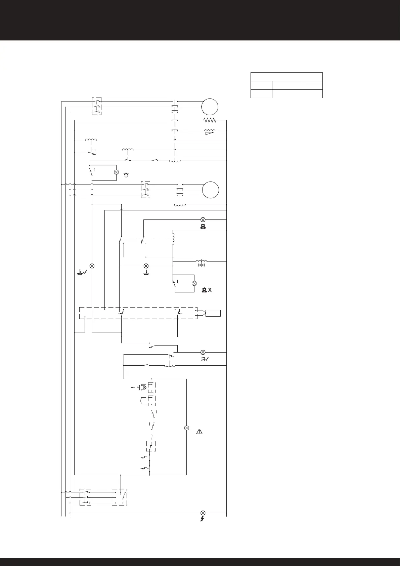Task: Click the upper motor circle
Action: [x=210, y=107]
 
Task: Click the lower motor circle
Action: [x=211, y=190]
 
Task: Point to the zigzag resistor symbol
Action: [x=210, y=120]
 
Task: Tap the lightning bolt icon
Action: [x=203, y=519]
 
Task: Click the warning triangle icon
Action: [x=200, y=432]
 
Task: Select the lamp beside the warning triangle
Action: [x=187, y=428]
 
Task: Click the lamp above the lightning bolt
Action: [x=203, y=513]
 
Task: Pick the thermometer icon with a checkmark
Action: [x=82, y=273]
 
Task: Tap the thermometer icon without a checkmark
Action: [x=146, y=272]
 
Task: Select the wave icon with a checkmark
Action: [x=205, y=359]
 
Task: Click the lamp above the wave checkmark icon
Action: [x=203, y=352]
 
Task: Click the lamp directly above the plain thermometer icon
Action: [x=146, y=266]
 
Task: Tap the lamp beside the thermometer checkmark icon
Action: [x=92, y=266]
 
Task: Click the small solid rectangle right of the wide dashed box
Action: [x=213, y=313]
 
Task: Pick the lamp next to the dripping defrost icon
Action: [x=117, y=172]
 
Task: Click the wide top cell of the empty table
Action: [x=286, y=77]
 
